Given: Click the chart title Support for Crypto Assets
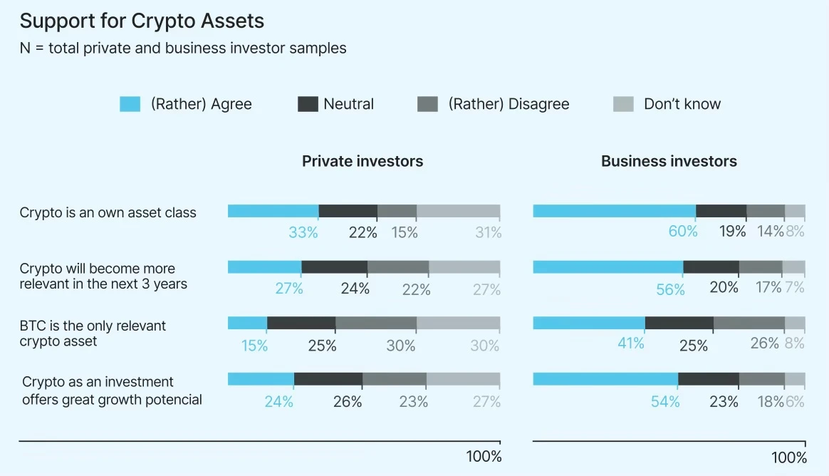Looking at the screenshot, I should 142,21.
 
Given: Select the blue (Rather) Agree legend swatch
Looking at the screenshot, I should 130,105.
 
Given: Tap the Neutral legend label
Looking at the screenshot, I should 348,104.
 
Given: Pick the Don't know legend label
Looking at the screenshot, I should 682,104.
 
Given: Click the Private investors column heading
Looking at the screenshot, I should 362,161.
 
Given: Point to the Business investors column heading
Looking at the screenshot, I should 668,161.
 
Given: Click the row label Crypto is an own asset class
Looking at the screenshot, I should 108,212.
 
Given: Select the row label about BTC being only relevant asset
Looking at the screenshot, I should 93,333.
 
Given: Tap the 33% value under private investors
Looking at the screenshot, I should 303,232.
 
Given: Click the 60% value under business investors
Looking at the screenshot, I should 683,232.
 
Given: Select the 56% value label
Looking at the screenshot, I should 670,289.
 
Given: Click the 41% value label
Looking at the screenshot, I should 630,344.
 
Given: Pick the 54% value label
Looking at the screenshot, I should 665,402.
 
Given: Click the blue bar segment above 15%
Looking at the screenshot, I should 247,323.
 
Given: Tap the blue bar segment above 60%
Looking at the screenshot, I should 614,211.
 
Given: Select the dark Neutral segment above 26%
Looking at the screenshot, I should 328,379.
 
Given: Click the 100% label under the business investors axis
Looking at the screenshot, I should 789,457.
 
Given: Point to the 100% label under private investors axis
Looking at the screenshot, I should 484,456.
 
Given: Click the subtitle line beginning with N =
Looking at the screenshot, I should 183,48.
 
